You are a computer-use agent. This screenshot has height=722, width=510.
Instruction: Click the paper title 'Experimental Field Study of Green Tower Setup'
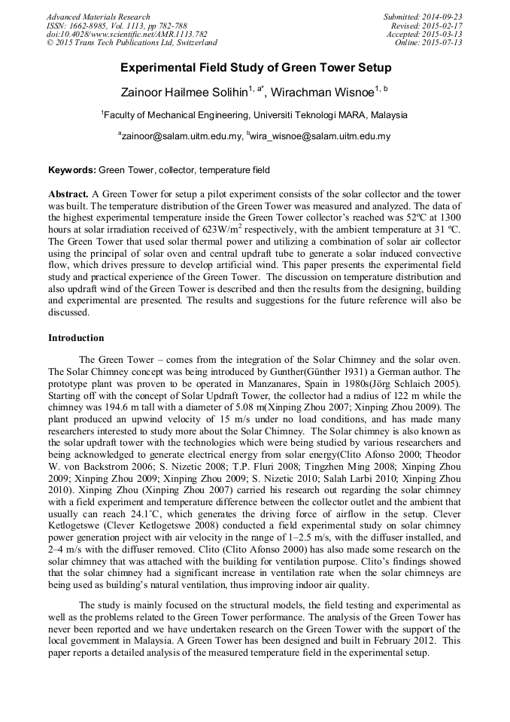256,69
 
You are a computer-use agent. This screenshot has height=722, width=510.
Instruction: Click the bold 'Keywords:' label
72,171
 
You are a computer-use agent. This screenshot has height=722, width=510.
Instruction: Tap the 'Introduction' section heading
76,338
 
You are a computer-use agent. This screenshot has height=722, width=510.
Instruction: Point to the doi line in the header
126,35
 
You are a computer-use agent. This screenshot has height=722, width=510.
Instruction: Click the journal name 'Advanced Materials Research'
98,17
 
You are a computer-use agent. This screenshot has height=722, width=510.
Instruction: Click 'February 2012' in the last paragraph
397,641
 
